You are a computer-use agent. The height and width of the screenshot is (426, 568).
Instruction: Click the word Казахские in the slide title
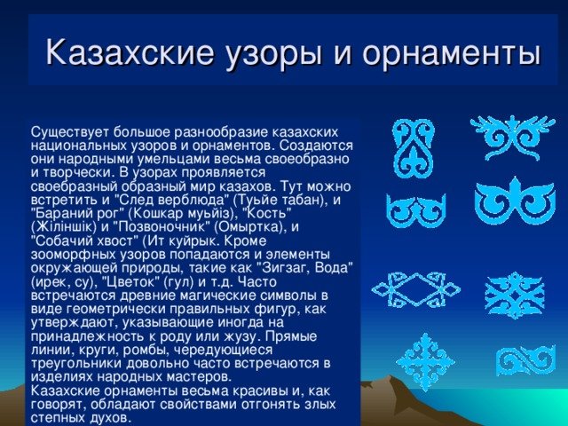pos(130,52)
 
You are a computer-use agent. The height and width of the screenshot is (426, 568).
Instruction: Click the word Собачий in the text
pos(61,241)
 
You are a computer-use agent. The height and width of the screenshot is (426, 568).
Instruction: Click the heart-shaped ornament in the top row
pos(413,148)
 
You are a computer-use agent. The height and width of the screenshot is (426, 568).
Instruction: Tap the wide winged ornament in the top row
pos(513,138)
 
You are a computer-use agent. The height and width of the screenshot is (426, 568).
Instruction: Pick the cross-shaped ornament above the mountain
pos(424,362)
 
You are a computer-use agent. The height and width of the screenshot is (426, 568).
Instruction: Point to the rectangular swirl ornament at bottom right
pos(525,360)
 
